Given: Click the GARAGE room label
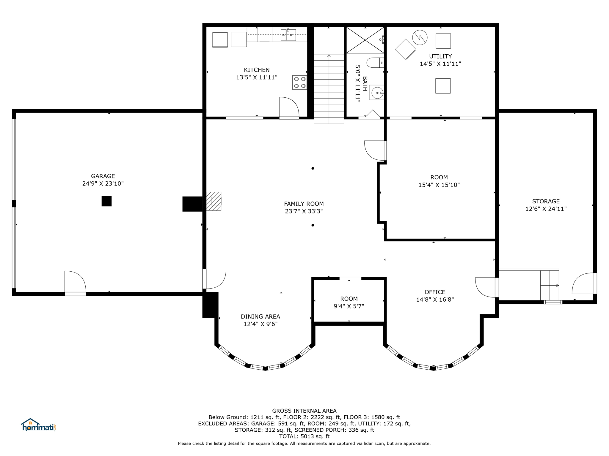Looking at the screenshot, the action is (x=103, y=176).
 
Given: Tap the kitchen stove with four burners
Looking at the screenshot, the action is (x=300, y=82).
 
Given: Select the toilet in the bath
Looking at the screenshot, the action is (x=375, y=63).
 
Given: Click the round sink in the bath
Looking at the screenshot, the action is (x=377, y=93).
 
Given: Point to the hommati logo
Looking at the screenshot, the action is (x=38, y=425).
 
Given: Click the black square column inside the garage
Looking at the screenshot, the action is (x=106, y=201).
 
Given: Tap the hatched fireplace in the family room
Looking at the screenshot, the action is (x=214, y=201).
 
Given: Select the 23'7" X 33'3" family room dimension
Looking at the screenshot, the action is (x=304, y=211).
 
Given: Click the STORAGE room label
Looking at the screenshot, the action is (x=546, y=201).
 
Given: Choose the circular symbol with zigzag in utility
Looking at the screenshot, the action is (x=420, y=37).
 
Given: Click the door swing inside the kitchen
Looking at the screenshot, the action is (x=289, y=107).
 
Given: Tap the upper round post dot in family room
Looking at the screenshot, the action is (x=313, y=168).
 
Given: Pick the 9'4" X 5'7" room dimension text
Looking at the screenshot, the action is (x=349, y=306).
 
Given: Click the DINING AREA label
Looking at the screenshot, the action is (x=260, y=316).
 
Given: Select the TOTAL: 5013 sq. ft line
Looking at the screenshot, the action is (x=304, y=436).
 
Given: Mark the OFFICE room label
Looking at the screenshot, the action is (x=435, y=292).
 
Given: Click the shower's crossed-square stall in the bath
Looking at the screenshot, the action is (x=365, y=40).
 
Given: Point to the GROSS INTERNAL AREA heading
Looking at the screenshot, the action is (x=304, y=411).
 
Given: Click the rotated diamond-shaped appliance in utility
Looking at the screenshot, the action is (x=405, y=49).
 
